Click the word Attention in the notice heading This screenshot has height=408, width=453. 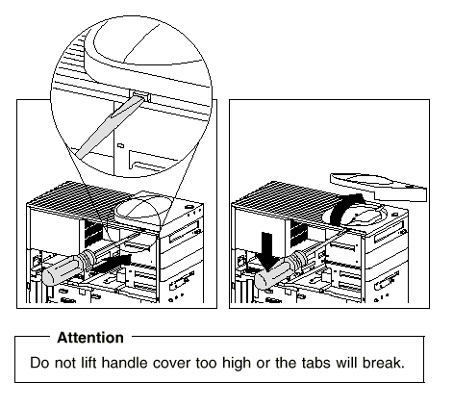pyautogui.click(x=90, y=338)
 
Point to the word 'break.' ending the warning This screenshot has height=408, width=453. pyautogui.click(x=384, y=363)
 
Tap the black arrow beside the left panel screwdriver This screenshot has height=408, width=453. pyautogui.click(x=113, y=263)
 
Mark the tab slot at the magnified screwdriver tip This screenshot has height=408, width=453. pyautogui.click(x=140, y=95)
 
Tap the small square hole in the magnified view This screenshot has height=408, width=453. pyautogui.click(x=120, y=145)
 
